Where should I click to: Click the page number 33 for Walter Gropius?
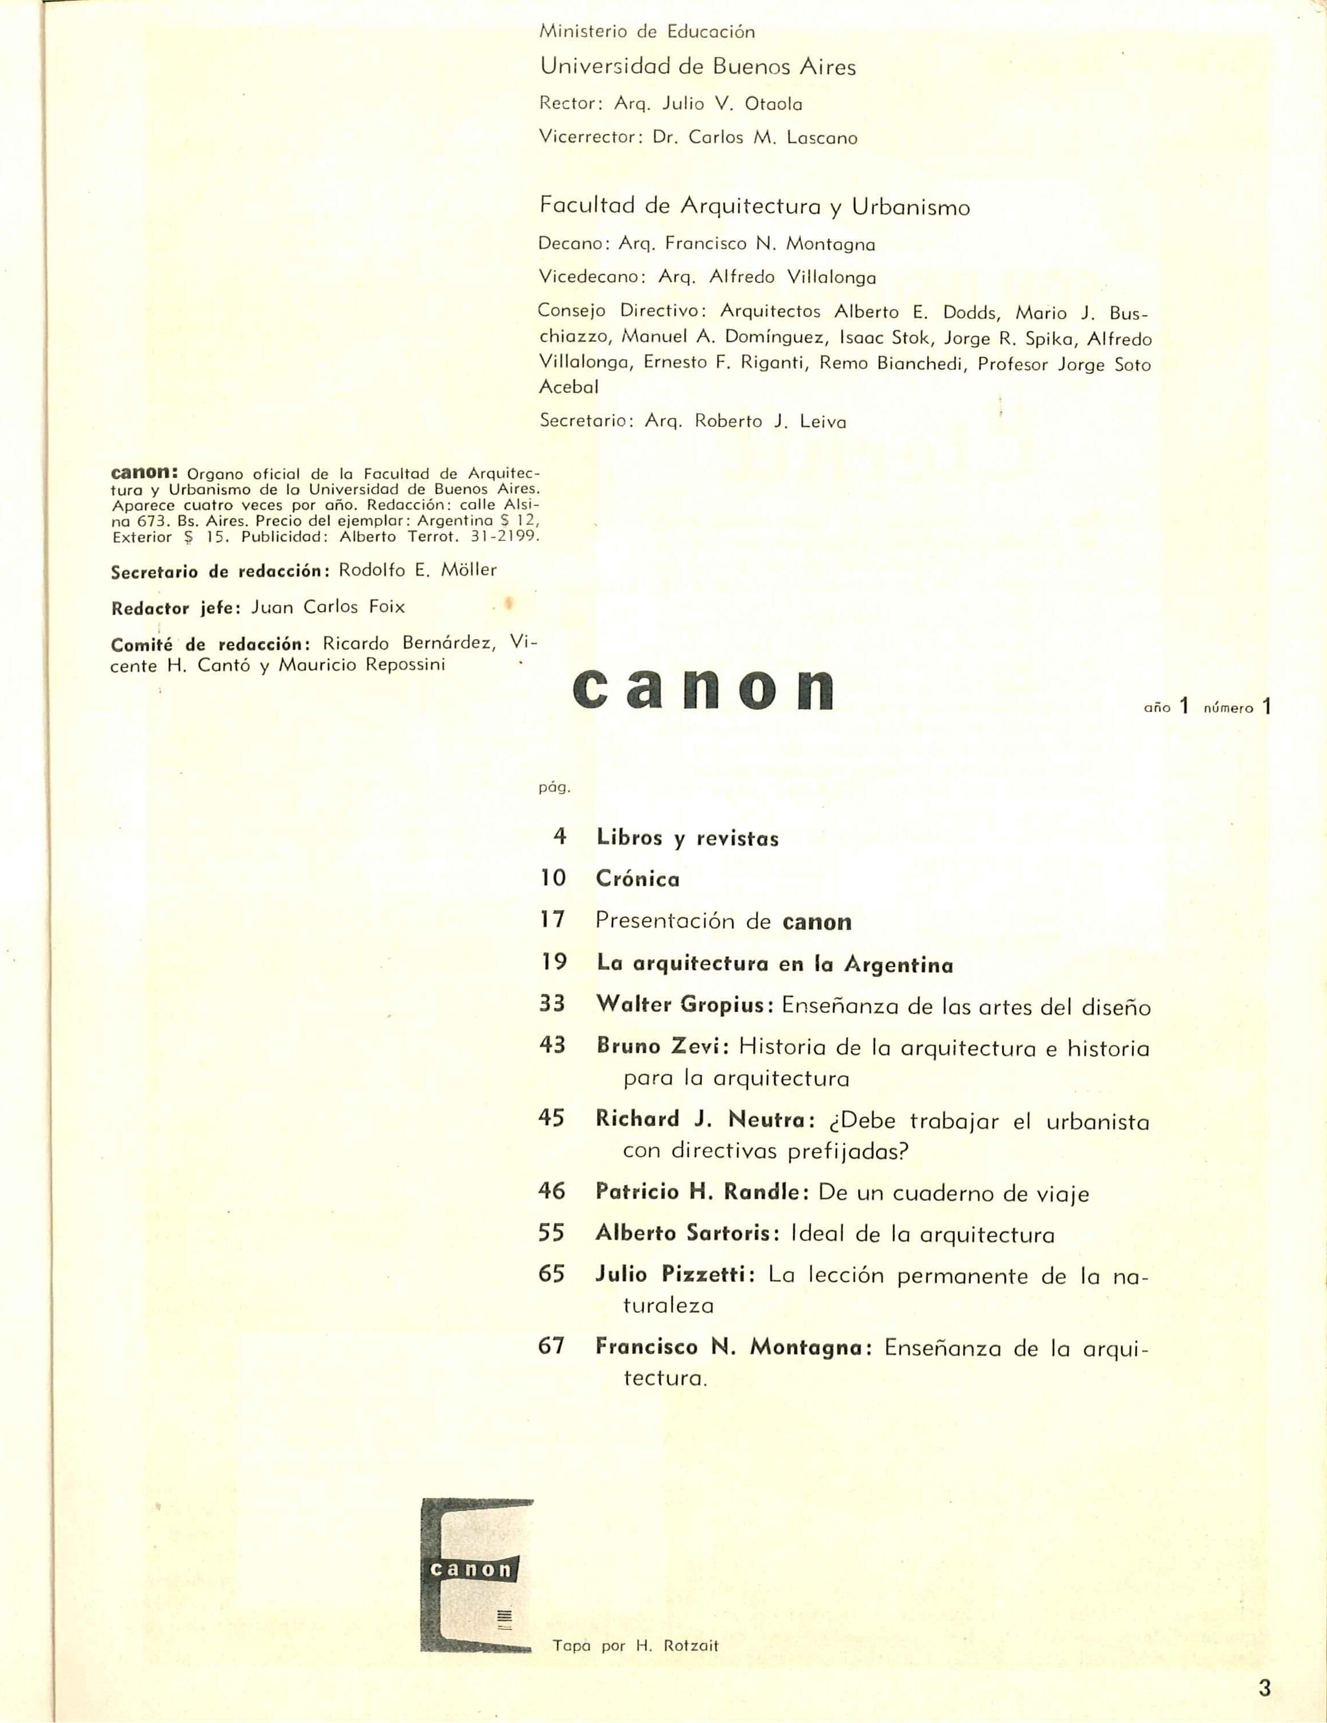tap(552, 1003)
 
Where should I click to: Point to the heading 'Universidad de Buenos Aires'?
tap(697, 67)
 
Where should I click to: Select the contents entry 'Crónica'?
tap(638, 879)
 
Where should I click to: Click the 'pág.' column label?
tap(554, 787)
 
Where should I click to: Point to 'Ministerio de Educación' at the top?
tap(646, 32)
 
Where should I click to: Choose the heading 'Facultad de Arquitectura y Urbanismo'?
tap(754, 207)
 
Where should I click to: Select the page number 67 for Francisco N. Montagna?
tap(552, 1345)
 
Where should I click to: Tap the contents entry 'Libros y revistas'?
tap(687, 837)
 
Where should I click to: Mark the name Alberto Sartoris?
tap(682, 1234)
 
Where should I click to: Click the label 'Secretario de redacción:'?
tap(220, 571)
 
